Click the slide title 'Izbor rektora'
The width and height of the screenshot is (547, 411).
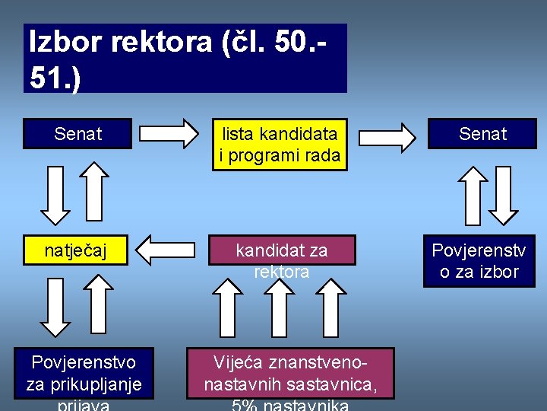[x=185, y=58]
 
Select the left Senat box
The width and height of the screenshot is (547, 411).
[x=77, y=134]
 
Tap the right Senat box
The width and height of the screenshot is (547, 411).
[x=482, y=134]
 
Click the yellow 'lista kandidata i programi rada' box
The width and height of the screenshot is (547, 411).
[x=278, y=145]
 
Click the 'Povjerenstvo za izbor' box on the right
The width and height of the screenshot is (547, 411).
[x=479, y=260]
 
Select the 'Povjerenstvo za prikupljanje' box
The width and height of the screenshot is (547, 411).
[x=83, y=373]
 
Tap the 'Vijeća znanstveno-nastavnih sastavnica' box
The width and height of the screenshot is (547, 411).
[x=291, y=374]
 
